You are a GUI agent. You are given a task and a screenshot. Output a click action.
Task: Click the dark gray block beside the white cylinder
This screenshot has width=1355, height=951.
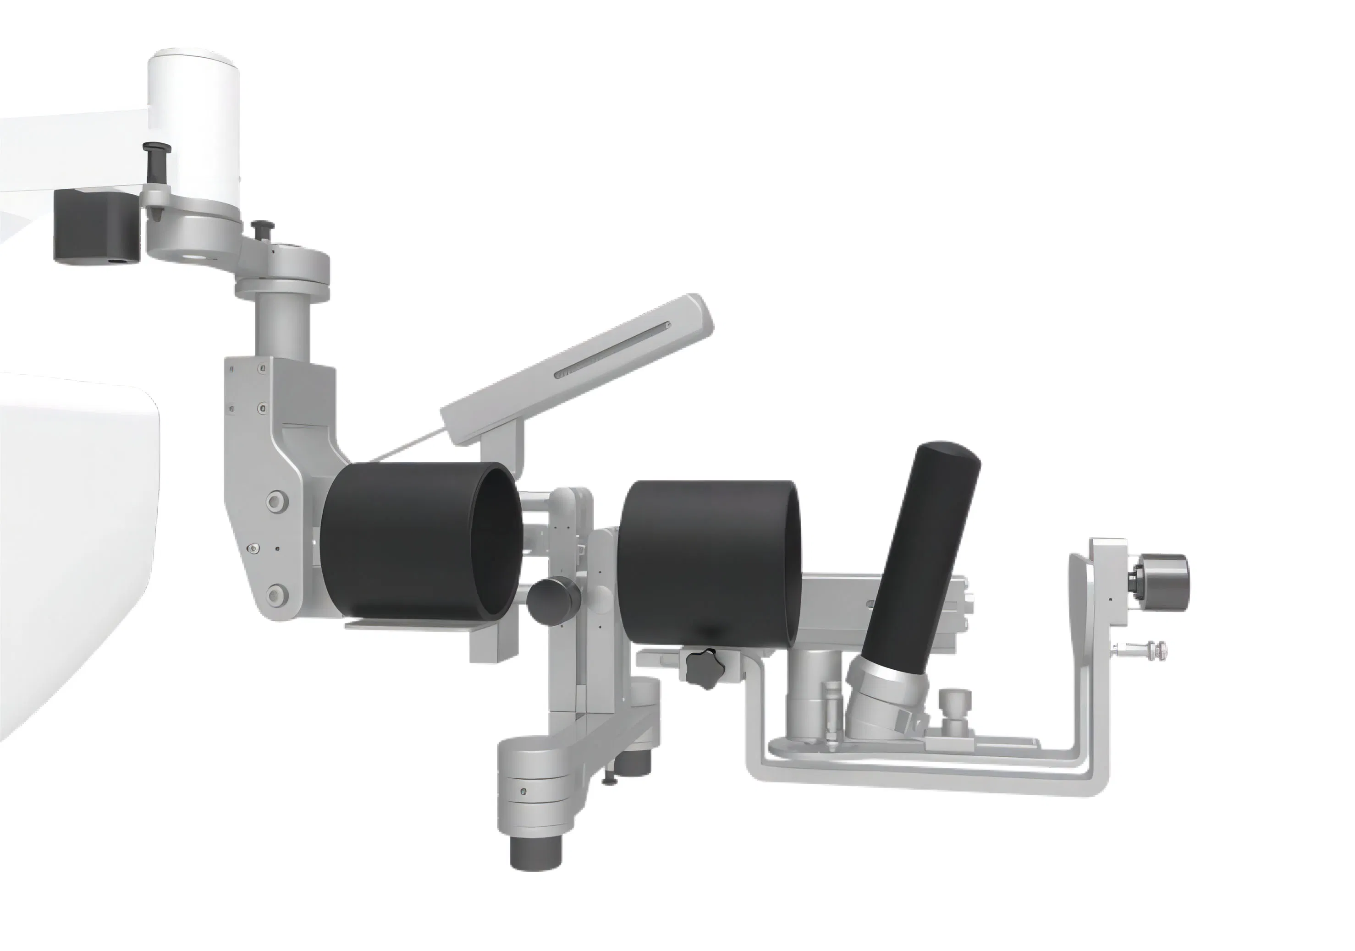(96, 227)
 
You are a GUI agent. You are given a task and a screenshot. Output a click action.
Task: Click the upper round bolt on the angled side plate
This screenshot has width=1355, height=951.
(275, 502)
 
